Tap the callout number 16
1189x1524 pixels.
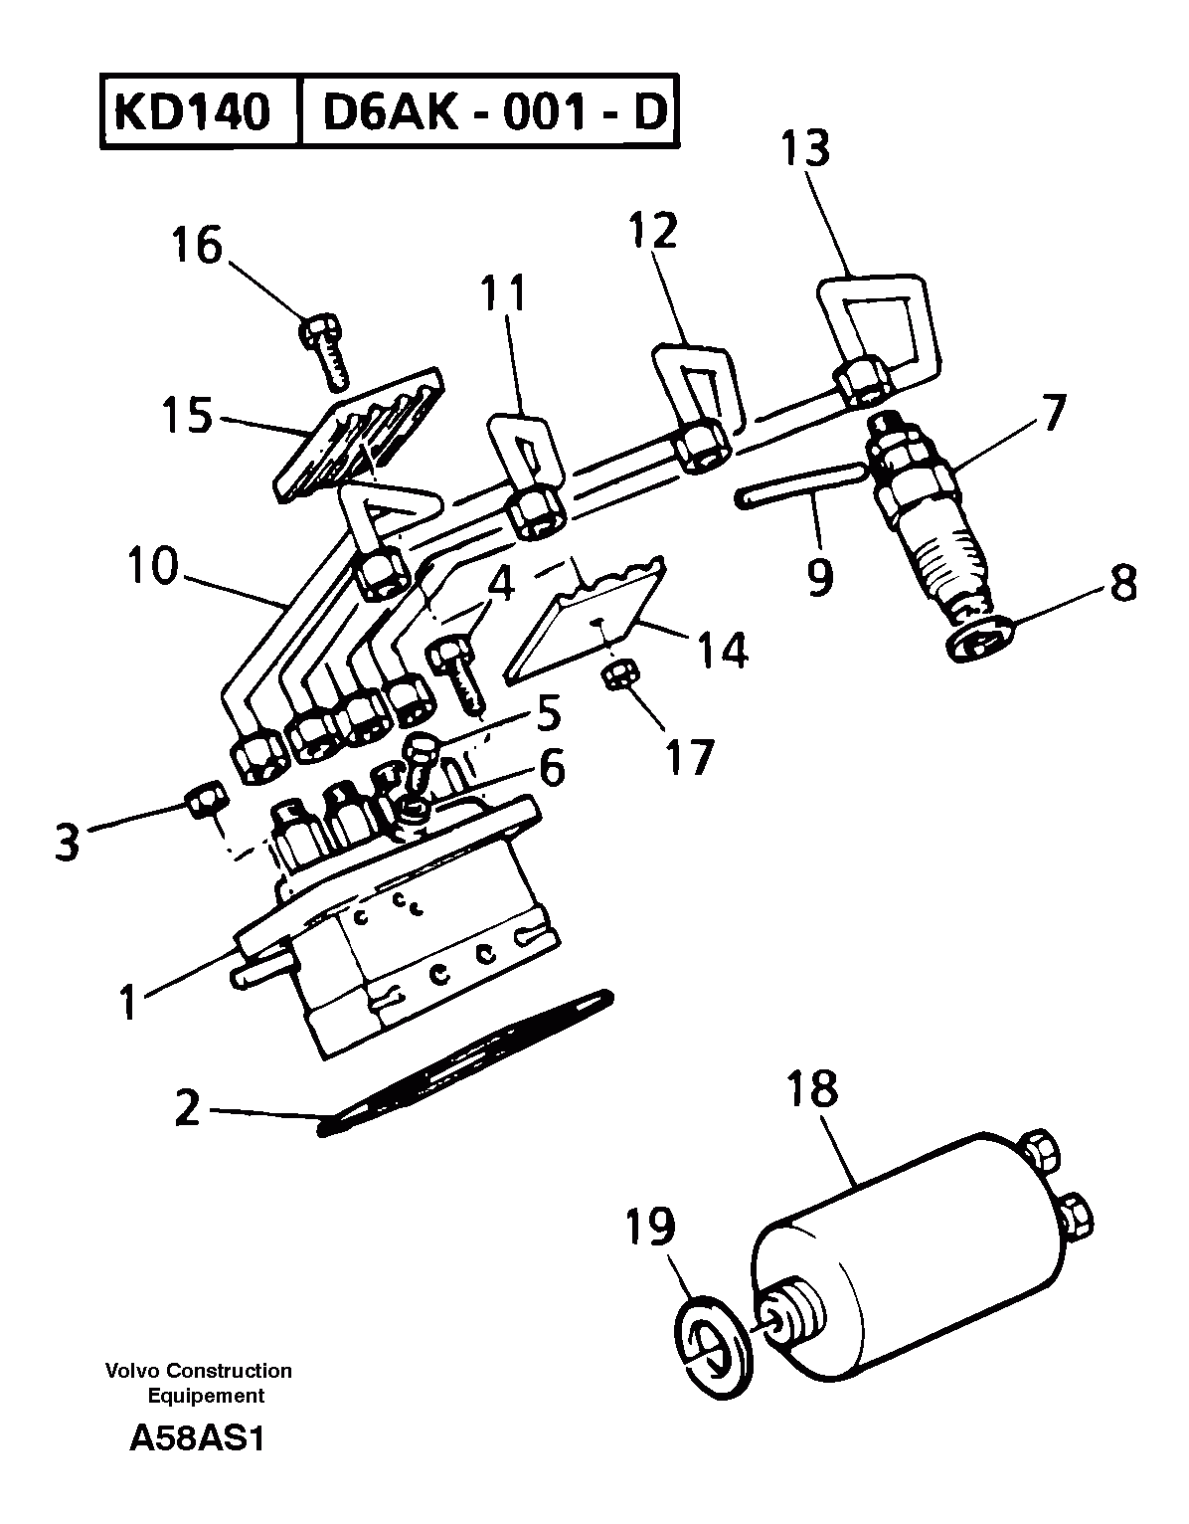tap(196, 245)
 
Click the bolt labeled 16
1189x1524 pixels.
tap(325, 349)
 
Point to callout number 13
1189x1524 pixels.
tap(804, 149)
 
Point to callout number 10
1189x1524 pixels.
tap(152, 566)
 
